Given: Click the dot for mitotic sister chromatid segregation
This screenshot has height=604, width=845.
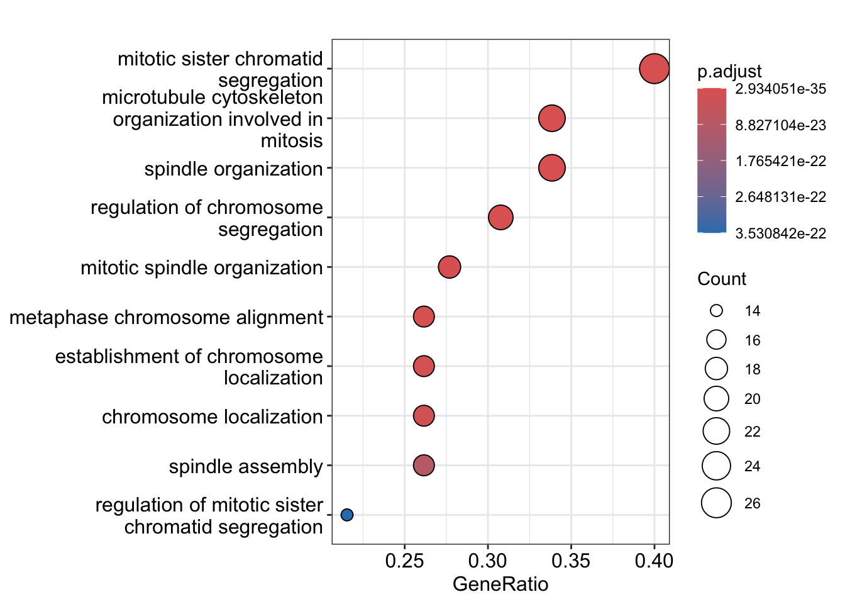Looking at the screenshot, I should [654, 69].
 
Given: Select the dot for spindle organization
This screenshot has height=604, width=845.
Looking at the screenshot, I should [552, 168].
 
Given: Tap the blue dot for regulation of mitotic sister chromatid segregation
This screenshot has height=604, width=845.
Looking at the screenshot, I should [346, 515].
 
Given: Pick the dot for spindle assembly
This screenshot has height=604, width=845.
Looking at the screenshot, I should [424, 466].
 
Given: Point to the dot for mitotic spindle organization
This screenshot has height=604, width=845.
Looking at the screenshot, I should [449, 267].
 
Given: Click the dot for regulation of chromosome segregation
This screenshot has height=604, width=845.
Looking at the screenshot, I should [500, 218].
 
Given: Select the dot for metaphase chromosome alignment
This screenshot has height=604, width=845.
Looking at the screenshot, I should [424, 316].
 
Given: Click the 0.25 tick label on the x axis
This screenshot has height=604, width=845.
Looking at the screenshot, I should [404, 561].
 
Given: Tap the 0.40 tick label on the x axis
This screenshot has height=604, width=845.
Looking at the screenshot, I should [654, 561].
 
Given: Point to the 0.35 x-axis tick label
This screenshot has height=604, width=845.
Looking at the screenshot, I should [571, 561].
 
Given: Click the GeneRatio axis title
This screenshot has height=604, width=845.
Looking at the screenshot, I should [500, 584].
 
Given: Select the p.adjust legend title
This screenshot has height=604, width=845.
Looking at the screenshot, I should [729, 72].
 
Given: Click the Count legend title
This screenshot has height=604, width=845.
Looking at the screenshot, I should [722, 279].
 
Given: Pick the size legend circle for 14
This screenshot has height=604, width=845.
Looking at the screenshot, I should [716, 311].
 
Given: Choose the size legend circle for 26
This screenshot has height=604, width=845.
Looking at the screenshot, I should [716, 503].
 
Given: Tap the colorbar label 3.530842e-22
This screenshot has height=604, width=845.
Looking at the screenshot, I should [780, 234].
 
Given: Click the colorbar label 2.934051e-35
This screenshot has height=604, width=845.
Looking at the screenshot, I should [780, 89].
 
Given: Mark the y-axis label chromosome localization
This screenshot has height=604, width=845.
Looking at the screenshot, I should [213, 417].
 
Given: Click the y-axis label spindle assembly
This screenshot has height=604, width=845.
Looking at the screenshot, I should [246, 466].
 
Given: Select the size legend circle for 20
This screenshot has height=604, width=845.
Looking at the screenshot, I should [716, 399].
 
